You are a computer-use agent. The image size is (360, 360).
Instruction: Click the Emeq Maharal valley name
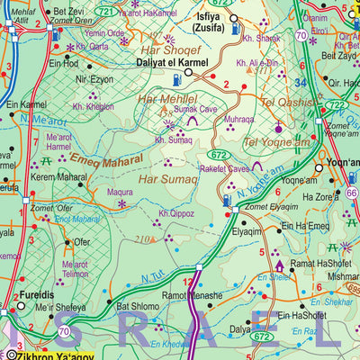pyautogui.click(x=107, y=162)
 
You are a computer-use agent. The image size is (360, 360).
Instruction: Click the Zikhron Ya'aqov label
pyautogui.click(x=40, y=354)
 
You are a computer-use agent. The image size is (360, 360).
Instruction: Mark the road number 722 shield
pyautogui.click(x=334, y=105)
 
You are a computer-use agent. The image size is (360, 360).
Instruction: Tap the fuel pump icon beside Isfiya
pyautogui.click(x=235, y=30)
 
